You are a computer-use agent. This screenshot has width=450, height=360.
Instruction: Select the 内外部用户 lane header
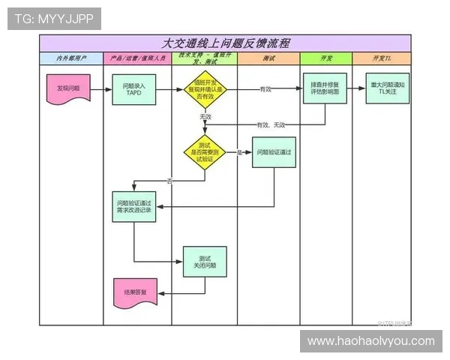71,58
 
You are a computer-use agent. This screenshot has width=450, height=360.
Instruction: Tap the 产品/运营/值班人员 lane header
136,58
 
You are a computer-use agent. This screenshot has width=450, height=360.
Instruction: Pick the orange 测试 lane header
268,58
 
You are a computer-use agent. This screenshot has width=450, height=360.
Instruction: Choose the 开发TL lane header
382,58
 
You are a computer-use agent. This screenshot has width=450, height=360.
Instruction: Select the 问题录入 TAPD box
136,89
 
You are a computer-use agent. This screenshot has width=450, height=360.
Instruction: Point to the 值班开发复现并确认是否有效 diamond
205,89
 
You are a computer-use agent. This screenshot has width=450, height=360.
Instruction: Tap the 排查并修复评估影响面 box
325,89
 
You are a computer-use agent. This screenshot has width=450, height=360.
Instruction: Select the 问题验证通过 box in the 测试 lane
273,152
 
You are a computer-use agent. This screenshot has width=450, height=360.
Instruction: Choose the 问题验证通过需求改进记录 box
134,207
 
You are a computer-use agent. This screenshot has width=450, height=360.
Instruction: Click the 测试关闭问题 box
204,262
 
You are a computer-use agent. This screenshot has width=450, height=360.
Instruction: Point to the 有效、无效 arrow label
271,124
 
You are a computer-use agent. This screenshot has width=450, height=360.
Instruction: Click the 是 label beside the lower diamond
239,152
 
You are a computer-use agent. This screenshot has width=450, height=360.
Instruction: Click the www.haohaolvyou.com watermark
370,341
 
